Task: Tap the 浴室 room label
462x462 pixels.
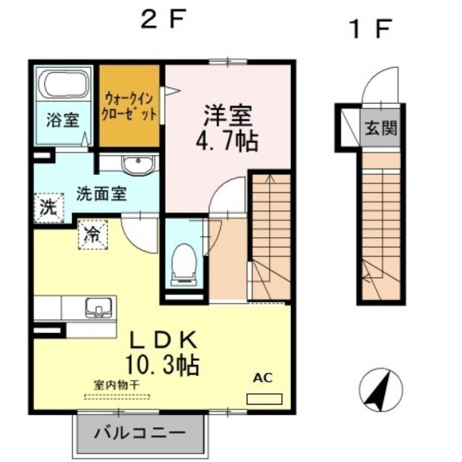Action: [63, 121]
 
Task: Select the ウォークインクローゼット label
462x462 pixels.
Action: [130, 105]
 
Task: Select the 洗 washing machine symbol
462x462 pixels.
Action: [48, 208]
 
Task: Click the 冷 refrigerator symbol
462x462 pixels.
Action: [92, 234]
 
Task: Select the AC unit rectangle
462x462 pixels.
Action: [264, 399]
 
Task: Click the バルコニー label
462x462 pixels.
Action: [140, 432]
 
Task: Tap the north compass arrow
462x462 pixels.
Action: [380, 389]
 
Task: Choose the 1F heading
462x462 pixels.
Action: [371, 28]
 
